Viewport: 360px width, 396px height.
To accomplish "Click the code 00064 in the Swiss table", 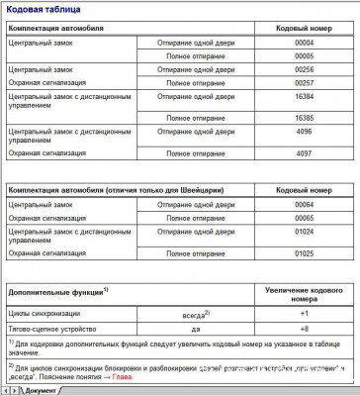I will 305,204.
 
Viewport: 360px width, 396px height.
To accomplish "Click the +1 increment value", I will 305,313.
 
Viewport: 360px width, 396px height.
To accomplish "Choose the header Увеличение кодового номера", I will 305,293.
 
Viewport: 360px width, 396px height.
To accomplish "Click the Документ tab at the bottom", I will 39,390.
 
